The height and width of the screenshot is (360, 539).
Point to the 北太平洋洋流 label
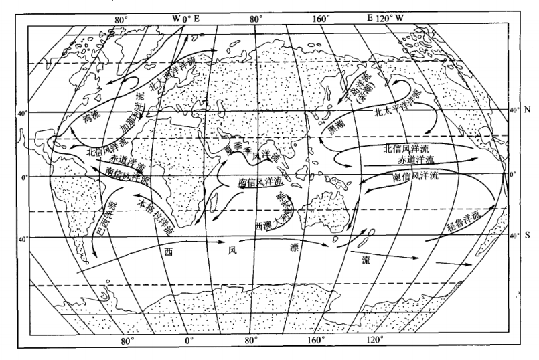pos(402,108)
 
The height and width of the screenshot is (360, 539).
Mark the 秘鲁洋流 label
pos(464,223)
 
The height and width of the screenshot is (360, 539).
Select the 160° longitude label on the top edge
pos(321,19)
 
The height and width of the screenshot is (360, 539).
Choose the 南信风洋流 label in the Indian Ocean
pos(260,182)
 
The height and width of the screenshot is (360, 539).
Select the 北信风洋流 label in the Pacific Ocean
pos(408,149)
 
